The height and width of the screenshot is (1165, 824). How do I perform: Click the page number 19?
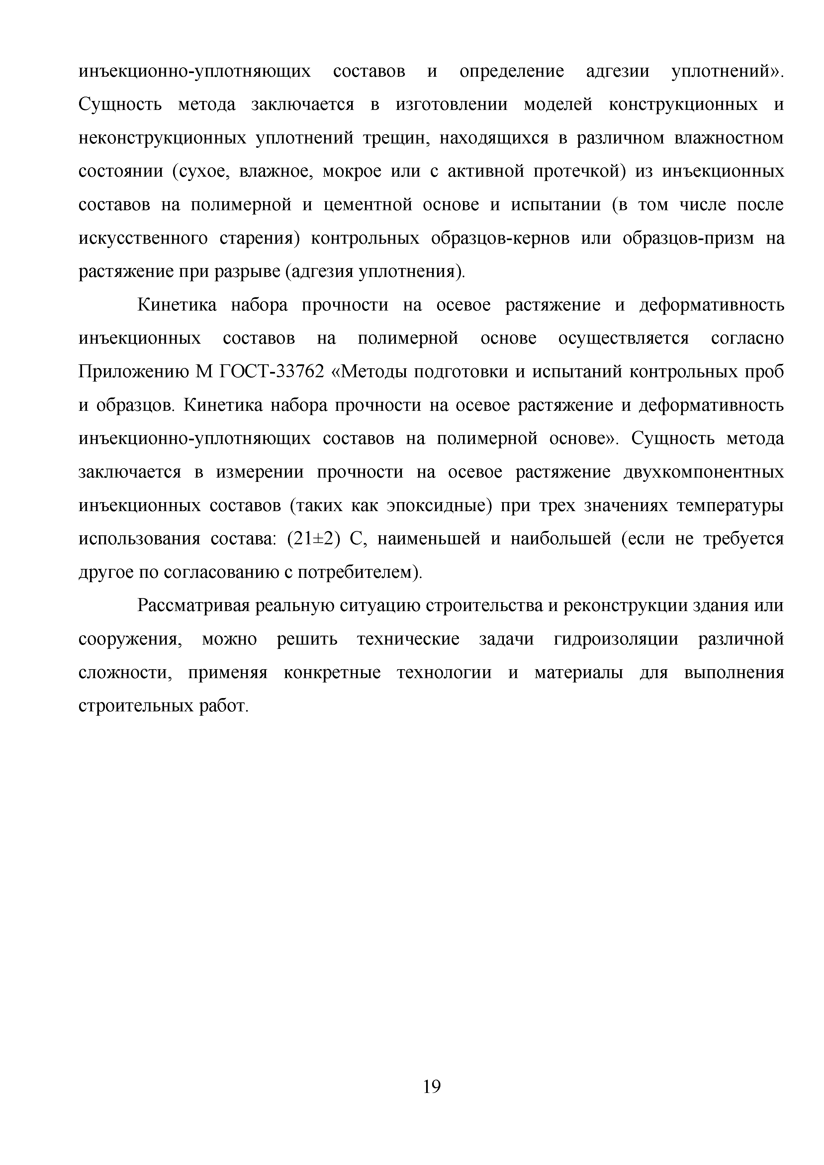coord(431,1087)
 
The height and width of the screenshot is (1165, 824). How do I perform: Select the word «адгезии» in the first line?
coord(617,71)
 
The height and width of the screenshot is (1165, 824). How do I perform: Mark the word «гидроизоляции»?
coord(615,640)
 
